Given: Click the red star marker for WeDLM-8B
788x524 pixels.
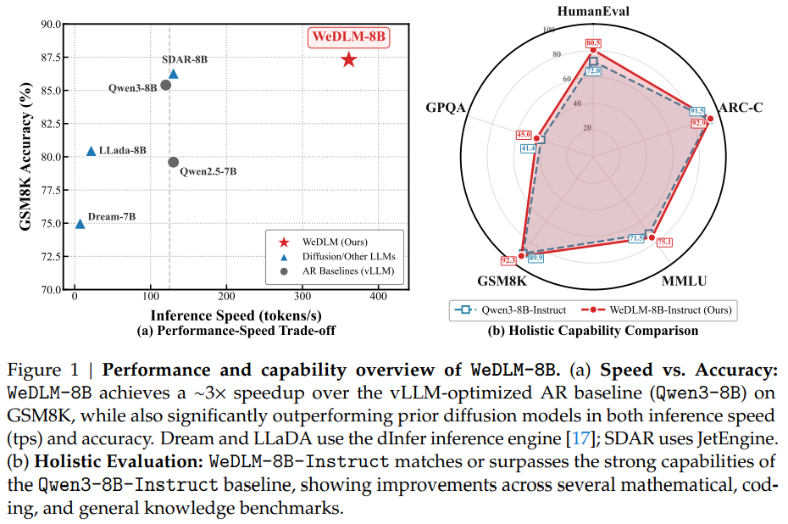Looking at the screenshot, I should click(x=348, y=59).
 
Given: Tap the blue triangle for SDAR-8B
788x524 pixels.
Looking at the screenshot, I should click(x=174, y=74).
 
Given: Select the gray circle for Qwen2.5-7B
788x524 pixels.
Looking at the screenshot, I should click(x=173, y=162).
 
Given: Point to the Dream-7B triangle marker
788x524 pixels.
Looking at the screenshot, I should click(x=80, y=224).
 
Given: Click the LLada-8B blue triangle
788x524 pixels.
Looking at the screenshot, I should click(x=92, y=151).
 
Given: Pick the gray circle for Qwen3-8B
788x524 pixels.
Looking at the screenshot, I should click(x=166, y=85).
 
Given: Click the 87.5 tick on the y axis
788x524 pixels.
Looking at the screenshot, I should click(x=49, y=58).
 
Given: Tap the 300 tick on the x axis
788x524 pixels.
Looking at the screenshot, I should click(x=302, y=296).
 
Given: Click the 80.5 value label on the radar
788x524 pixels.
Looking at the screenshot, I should click(x=593, y=43).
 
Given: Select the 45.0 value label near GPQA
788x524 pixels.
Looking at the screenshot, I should click(x=524, y=135).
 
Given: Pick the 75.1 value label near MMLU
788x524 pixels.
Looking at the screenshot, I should click(x=664, y=242).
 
